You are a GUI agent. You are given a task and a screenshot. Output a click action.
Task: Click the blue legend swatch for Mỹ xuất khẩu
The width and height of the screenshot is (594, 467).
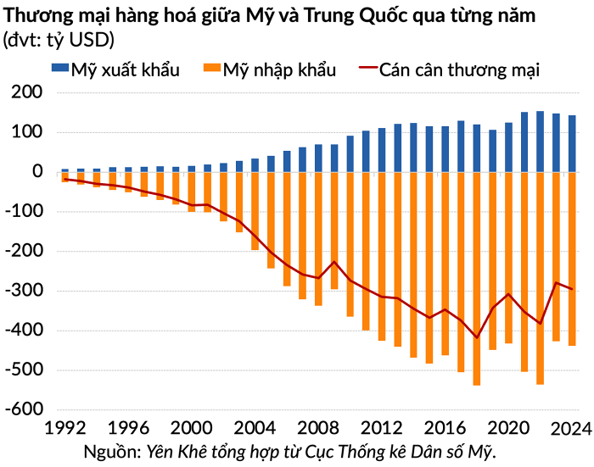[x=60, y=68]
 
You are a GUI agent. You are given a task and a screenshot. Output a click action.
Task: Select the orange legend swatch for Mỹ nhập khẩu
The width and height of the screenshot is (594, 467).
[x=212, y=68]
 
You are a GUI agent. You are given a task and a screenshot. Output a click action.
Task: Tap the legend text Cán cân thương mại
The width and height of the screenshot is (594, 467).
[x=459, y=70]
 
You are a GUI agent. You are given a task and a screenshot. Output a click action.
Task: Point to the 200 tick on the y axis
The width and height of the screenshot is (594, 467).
[x=27, y=92]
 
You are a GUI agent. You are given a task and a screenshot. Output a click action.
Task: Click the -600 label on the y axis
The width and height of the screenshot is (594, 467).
[x=24, y=409]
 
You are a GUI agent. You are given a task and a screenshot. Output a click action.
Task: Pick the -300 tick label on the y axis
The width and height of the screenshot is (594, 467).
[x=24, y=290]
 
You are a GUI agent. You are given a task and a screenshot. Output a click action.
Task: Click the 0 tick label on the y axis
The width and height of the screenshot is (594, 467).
[x=37, y=171]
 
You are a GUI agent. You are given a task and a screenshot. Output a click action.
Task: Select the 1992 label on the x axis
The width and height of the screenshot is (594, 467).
[x=65, y=428]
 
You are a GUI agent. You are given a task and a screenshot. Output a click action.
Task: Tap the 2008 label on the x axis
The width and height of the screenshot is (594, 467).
[x=318, y=428]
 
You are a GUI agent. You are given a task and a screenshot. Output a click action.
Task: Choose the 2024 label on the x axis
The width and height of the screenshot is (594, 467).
[x=571, y=429]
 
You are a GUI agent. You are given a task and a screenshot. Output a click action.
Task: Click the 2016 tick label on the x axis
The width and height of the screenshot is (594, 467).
[x=445, y=428]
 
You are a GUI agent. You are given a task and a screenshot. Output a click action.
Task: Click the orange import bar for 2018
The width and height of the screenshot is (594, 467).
[x=477, y=279]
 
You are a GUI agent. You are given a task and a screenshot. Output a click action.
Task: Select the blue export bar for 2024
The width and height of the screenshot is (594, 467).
[x=572, y=144]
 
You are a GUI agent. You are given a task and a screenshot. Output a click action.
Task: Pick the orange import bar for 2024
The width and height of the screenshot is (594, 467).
[x=572, y=259]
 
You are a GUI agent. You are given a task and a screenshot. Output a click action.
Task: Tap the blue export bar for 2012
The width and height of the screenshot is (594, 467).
[x=382, y=150]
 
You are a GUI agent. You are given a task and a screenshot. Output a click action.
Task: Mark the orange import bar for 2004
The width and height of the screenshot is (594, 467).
[x=255, y=211]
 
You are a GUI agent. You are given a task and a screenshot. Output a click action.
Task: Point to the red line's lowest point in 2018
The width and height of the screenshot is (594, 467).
[x=477, y=337]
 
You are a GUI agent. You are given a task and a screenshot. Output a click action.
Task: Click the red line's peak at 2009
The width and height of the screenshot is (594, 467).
[x=334, y=262]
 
